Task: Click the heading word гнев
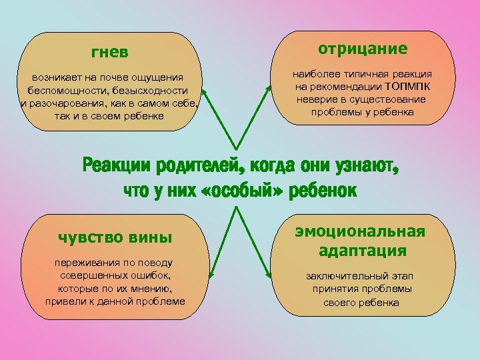pyautogui.click(x=110, y=51)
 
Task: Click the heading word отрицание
pyautogui.click(x=363, y=49)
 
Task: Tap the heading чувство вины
pyautogui.click(x=115, y=237)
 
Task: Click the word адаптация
pyautogui.click(x=362, y=251)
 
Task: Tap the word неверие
pyautogui.click(x=316, y=99)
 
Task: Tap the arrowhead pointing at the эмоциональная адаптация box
pyautogui.click(x=269, y=274)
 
